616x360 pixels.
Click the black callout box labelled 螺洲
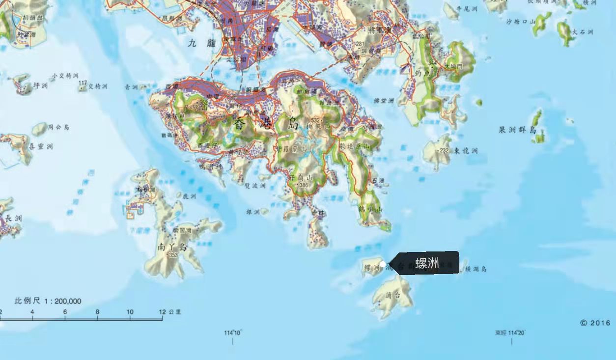point(426,263)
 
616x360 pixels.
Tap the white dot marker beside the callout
point(383,264)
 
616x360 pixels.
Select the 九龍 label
point(202,43)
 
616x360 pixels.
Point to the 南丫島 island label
point(172,247)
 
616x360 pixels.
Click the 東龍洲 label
point(466,151)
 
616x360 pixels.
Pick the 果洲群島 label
point(517,130)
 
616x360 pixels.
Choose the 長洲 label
point(13,218)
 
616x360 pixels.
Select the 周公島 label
point(58,127)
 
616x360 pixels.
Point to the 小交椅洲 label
point(65,76)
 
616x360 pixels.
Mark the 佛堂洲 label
point(384,101)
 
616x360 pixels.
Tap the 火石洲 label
point(583,32)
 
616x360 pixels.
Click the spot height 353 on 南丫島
point(172,255)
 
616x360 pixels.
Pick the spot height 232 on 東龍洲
point(444,150)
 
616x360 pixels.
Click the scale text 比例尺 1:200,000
point(48,301)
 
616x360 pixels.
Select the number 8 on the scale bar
point(97,312)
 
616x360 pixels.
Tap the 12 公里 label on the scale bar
point(170,312)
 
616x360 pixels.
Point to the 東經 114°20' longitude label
point(510,333)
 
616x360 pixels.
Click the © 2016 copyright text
point(595,323)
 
